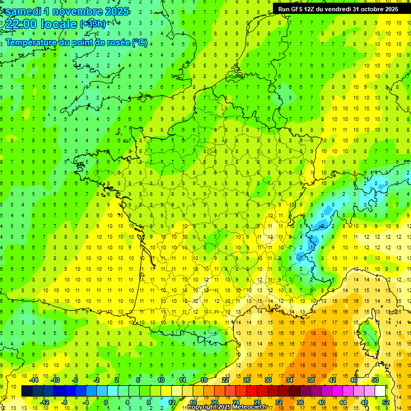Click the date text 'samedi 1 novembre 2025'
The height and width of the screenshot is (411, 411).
point(67,11)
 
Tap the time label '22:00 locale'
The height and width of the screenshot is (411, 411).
point(41,25)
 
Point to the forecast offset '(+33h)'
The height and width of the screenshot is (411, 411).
point(93,24)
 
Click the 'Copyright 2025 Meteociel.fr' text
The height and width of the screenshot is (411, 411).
point(227,407)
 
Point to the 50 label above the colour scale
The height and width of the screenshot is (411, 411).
point(375,380)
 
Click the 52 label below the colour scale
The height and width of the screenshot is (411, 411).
point(386,402)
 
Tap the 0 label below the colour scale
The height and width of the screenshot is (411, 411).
point(106,402)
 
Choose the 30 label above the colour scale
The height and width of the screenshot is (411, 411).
point(268,380)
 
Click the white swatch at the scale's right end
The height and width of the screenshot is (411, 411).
point(380,391)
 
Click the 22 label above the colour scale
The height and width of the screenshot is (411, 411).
point(225,380)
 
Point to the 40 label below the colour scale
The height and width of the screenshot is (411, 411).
point(322,402)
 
